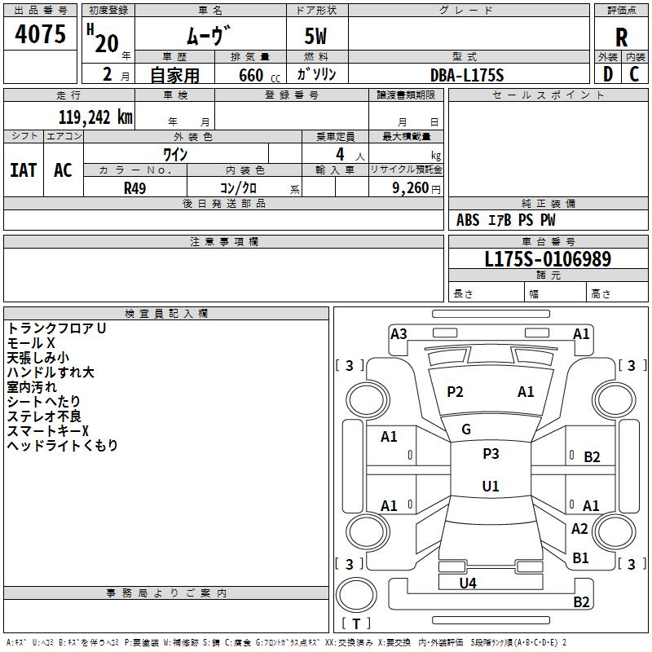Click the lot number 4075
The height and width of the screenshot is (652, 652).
40,34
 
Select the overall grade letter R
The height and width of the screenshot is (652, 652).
621,37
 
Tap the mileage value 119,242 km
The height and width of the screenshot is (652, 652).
95,117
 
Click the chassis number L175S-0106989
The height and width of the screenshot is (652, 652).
548,259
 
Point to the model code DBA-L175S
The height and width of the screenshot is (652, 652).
467,75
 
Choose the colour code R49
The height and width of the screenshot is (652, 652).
134,188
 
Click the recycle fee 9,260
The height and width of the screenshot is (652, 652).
411,188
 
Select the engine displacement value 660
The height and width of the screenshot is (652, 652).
251,75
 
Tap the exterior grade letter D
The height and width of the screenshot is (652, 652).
608,74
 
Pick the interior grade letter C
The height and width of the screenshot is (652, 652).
634,74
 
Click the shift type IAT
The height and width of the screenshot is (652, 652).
24,170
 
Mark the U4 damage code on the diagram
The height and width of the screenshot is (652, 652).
468,584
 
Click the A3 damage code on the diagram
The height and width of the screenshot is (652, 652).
399,334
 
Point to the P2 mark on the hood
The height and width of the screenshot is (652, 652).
455,392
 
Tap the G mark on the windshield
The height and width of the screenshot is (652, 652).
466,430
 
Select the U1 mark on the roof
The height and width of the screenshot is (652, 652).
491,486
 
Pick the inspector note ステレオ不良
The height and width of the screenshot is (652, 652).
44,416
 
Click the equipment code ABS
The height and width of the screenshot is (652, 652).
468,220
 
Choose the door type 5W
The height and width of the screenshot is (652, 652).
315,36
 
